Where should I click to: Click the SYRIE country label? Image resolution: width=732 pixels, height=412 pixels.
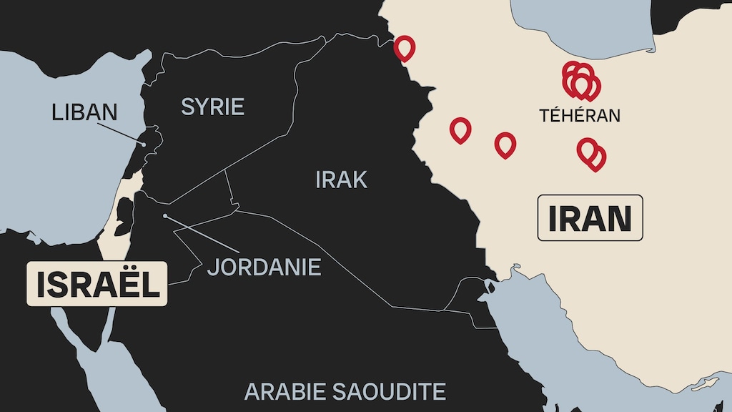[212, 107]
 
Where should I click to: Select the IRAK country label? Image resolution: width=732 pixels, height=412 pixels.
[341, 180]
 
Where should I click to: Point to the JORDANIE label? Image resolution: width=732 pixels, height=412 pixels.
[264, 267]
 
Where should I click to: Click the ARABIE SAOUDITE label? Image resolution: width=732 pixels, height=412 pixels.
[345, 391]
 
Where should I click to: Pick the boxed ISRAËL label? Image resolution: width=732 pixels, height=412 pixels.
[97, 284]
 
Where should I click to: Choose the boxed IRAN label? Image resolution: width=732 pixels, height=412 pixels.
[590, 218]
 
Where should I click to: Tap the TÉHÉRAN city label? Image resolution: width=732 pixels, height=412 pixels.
[579, 115]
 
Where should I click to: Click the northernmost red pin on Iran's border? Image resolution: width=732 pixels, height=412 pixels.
[405, 47]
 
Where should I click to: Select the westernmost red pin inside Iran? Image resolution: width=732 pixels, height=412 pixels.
[460, 129]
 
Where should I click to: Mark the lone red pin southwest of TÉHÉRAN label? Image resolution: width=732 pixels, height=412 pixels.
[505, 144]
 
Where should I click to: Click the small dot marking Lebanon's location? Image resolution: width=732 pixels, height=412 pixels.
[144, 144]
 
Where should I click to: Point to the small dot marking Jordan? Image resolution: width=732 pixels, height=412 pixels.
[165, 215]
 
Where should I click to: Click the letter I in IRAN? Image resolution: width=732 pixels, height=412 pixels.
[553, 218]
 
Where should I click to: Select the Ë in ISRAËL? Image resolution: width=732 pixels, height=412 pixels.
[123, 284]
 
